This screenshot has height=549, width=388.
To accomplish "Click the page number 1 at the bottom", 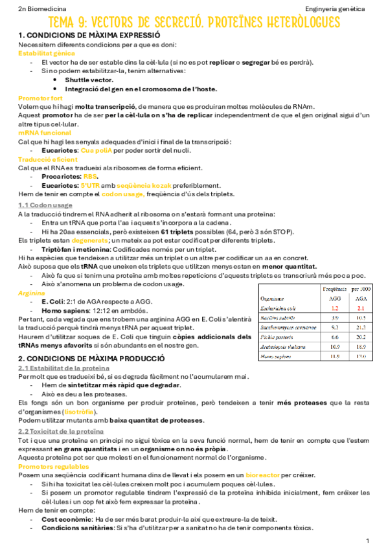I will pyautogui.click(x=367, y=540).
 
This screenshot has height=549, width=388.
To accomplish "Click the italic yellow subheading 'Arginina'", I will pyautogui.click(x=32, y=293).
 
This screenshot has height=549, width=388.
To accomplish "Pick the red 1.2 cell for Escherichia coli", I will pyautogui.click(x=334, y=308).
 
